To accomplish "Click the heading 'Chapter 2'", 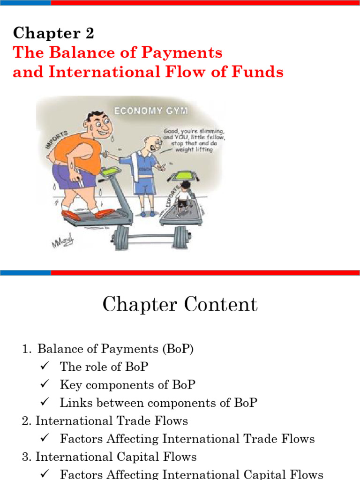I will click(54, 33).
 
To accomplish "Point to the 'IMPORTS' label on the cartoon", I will click(56, 140).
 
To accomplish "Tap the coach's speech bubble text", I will click(194, 139).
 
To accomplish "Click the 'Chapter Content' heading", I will click(180, 305).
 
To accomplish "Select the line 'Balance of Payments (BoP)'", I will click(115, 349).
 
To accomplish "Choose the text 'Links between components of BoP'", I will click(158, 403).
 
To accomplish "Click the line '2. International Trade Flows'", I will click(105, 421).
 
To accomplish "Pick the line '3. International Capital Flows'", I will click(109, 457).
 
